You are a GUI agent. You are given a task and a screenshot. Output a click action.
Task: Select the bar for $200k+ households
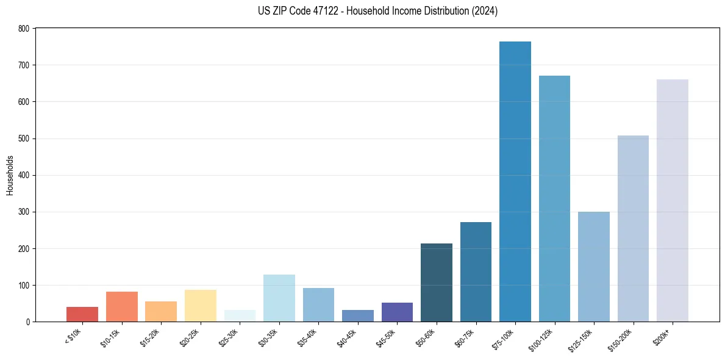(x=672, y=201)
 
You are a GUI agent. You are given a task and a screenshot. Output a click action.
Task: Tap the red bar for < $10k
(x=82, y=314)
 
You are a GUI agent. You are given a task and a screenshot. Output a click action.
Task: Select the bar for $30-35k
(x=279, y=298)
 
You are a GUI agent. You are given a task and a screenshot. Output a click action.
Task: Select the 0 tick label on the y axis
(x=27, y=322)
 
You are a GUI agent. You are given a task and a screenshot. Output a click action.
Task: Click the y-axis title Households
(x=10, y=175)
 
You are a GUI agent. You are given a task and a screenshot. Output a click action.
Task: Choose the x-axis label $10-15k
(x=111, y=337)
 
